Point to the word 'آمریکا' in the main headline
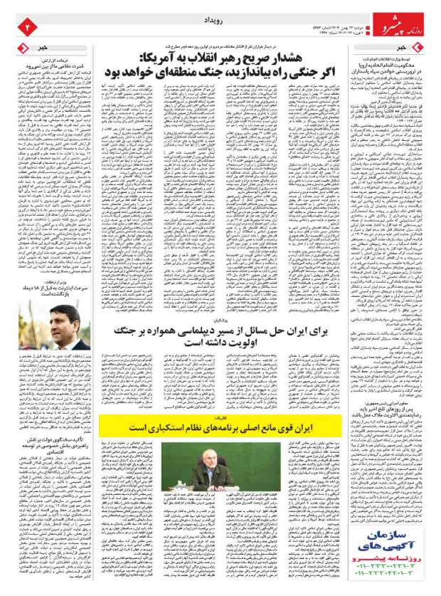[x=156, y=59]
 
